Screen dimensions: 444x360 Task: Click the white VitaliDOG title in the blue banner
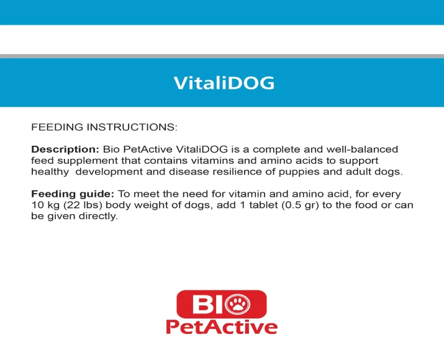(224, 83)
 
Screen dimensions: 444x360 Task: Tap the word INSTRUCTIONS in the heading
(132, 127)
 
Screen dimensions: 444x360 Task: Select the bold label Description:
(65, 150)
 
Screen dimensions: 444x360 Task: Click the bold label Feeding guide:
(73, 194)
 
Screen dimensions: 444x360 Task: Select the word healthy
(50, 172)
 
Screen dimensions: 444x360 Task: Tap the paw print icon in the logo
(238, 304)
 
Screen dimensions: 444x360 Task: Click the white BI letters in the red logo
(208, 304)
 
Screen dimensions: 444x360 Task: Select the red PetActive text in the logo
(222, 327)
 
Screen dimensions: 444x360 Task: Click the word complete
(276, 150)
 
